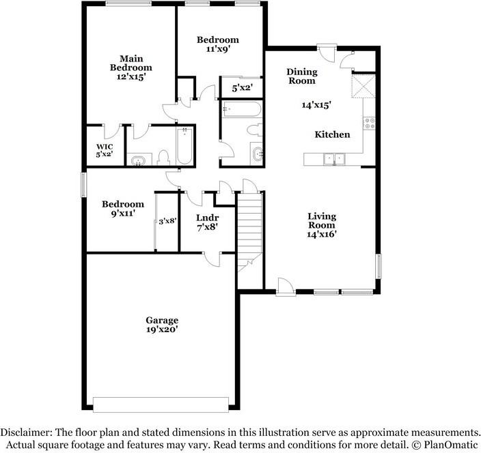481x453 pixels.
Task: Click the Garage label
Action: point(162,321)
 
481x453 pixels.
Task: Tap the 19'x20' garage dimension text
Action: point(163,330)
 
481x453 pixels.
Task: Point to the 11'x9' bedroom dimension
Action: point(218,48)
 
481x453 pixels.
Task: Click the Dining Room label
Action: point(302,76)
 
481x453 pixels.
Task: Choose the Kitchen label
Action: point(332,134)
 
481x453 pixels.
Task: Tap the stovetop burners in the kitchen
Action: point(370,123)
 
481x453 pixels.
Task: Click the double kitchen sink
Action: point(334,159)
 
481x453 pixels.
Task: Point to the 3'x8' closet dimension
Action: point(167,221)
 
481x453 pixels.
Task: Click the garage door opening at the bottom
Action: point(161,405)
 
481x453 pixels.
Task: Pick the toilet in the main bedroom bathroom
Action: point(163,157)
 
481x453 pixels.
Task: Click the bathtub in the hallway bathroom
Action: point(242,109)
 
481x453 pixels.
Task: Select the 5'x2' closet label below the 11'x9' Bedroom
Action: point(242,88)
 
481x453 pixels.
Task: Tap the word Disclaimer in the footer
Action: point(26,433)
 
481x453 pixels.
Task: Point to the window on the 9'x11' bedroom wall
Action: point(83,185)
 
